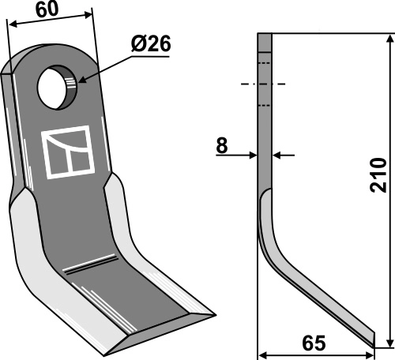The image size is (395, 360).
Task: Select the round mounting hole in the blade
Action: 58,88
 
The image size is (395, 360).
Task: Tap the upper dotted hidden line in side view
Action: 265,63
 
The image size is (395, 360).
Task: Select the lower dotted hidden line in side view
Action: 265,104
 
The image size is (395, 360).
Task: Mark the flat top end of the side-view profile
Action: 265,34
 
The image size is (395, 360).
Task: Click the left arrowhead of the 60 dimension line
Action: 11,22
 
